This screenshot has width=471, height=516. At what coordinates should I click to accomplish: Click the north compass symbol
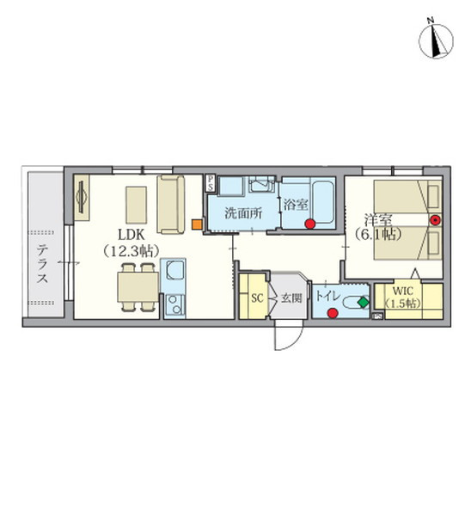coord(436,40)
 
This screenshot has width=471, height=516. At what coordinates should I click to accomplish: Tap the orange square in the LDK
coord(197,224)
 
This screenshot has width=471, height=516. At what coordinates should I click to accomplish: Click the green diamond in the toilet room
coord(363,303)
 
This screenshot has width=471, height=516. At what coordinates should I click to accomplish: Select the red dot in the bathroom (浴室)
coord(309,224)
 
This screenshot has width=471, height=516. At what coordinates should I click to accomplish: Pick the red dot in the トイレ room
coord(333,313)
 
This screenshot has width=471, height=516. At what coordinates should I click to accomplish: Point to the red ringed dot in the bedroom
coord(435,220)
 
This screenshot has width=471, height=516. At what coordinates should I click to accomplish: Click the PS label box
coord(210,183)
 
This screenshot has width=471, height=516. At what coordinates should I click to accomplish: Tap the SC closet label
coord(257,298)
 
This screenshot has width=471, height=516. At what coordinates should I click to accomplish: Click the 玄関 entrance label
coord(291,298)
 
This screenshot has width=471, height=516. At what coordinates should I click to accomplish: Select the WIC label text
coord(402,292)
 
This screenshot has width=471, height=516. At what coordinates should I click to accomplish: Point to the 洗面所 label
coord(243,213)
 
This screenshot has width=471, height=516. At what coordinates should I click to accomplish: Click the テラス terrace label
coord(42,264)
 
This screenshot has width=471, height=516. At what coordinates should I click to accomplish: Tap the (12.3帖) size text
coord(131,252)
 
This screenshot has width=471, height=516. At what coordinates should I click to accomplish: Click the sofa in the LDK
coord(171,204)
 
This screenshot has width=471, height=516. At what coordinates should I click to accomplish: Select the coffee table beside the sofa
coord(136,205)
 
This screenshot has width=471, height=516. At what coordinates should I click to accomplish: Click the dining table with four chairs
coord(138,287)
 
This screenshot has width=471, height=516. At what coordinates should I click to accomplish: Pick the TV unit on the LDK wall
coord(82,198)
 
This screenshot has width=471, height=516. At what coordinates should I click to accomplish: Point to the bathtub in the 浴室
coord(322,202)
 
